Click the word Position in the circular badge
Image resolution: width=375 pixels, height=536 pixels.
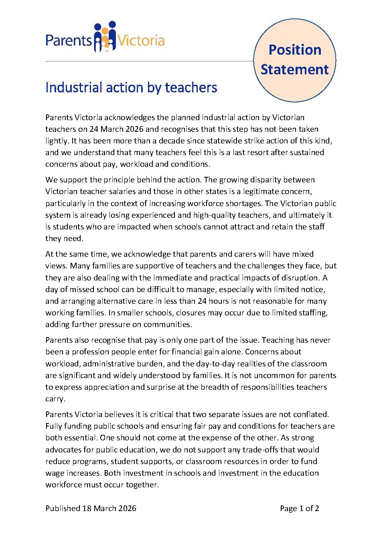295,50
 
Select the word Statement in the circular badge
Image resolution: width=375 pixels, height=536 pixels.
295,69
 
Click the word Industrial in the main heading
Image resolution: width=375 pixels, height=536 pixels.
71,87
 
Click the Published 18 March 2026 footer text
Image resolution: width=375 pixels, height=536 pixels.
91,508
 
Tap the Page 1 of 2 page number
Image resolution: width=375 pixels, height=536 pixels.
299,508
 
